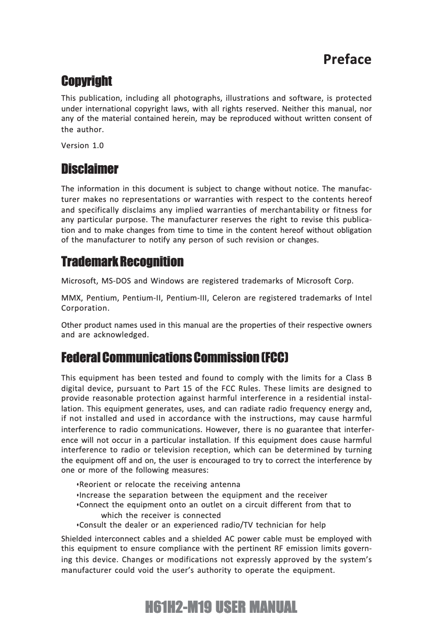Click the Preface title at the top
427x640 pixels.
[x=347, y=59]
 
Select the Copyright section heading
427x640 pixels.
[x=87, y=81]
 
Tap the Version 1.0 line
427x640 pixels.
[x=83, y=145]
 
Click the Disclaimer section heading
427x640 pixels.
[x=89, y=169]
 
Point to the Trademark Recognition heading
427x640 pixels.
[x=122, y=262]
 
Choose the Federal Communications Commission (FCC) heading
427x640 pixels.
[x=175, y=356]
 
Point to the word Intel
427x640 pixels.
[x=363, y=297]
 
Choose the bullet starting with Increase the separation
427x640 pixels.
[x=203, y=495]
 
